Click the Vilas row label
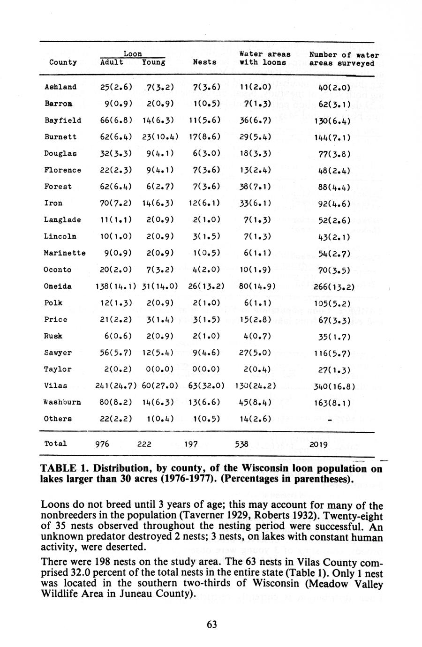(56, 385)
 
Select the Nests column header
(205, 62)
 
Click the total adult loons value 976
(102, 444)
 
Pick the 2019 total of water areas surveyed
(318, 444)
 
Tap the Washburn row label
(62, 402)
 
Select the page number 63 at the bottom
(211, 624)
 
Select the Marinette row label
(65, 253)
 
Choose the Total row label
(55, 444)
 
